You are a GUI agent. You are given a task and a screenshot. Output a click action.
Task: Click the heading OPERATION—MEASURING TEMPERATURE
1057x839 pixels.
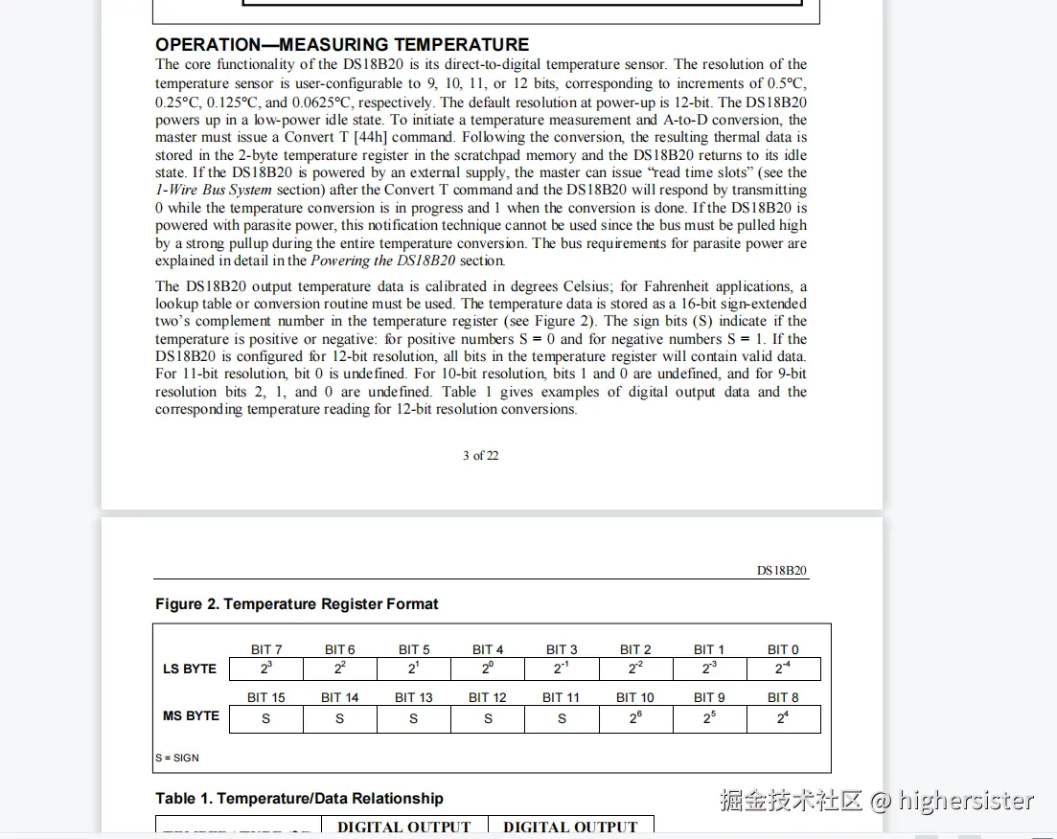pos(342,44)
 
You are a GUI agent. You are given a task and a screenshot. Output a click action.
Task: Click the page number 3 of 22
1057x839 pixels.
pos(480,455)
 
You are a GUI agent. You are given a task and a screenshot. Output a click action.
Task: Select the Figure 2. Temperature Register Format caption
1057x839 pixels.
pos(297,604)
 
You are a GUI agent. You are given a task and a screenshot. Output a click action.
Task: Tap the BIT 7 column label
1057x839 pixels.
pos(266,649)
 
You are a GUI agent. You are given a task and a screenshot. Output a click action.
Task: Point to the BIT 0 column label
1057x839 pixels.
pos(783,649)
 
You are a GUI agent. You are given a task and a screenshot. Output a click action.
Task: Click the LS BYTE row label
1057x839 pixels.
pos(190,669)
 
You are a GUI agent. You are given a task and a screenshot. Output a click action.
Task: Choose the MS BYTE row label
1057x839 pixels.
pos(191,715)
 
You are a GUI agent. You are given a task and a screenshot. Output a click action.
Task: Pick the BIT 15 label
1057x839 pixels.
pos(266,697)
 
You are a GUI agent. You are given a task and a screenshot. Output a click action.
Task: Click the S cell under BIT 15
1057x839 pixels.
pos(266,718)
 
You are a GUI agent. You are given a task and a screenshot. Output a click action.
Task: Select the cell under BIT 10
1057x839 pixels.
pos(635,718)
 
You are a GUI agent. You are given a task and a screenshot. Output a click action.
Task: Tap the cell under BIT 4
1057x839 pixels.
pos(488,669)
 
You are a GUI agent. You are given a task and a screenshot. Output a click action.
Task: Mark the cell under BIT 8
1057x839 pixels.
pos(783,718)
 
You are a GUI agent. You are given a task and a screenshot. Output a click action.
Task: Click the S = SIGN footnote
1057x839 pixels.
pos(177,758)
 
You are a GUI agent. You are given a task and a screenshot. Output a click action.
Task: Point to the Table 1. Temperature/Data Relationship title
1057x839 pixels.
pos(299,799)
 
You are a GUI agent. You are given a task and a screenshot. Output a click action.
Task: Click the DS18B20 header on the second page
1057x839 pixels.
pos(782,571)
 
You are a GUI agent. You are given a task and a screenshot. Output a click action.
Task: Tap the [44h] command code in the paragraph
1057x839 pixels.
pos(370,137)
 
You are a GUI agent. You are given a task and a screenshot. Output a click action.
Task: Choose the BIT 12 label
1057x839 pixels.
pos(488,697)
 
